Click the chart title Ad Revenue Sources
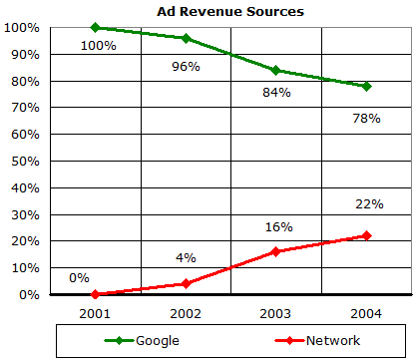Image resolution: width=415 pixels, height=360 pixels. point(230,11)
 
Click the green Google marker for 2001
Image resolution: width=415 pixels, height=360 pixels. point(96,28)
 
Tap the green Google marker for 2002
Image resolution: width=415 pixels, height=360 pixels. point(186,38)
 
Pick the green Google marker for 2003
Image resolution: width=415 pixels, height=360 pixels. point(275,71)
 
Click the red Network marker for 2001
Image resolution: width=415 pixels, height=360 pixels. point(96,294)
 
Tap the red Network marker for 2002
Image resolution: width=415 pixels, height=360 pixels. point(186,283)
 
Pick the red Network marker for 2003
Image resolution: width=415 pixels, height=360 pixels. point(275,251)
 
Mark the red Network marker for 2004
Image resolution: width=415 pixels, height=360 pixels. point(366,235)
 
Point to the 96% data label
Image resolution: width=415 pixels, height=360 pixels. point(186,66)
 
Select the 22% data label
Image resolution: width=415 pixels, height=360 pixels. point(369,204)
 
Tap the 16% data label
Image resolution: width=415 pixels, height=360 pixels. point(278,227)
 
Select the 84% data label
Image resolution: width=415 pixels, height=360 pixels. point(275,93)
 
